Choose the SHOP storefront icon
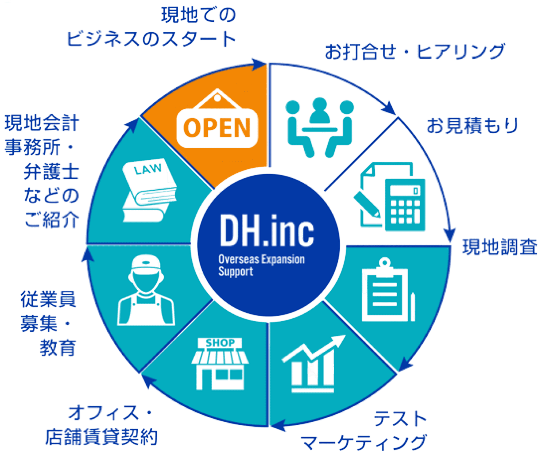point(220,364)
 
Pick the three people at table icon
point(320,127)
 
